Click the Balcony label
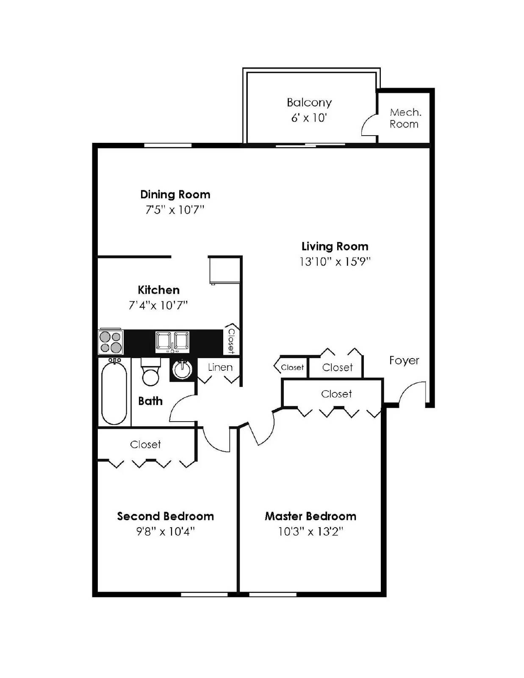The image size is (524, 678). tap(309, 103)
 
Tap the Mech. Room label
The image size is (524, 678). tap(405, 118)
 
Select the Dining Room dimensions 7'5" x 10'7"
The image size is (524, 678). tap(175, 210)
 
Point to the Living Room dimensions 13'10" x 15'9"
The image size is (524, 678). tap(335, 262)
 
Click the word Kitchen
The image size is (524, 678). tap(158, 290)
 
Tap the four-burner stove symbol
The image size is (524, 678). tap(111, 342)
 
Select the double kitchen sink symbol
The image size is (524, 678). tap(172, 342)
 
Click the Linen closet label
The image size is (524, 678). tap(220, 367)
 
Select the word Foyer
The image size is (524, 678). tap(404, 361)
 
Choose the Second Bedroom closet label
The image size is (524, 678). tap(145, 445)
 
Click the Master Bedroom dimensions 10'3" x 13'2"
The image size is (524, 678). tap(310, 532)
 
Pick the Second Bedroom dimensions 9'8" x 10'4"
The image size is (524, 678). tap(165, 532)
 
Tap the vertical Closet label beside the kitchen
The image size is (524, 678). tap(231, 341)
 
